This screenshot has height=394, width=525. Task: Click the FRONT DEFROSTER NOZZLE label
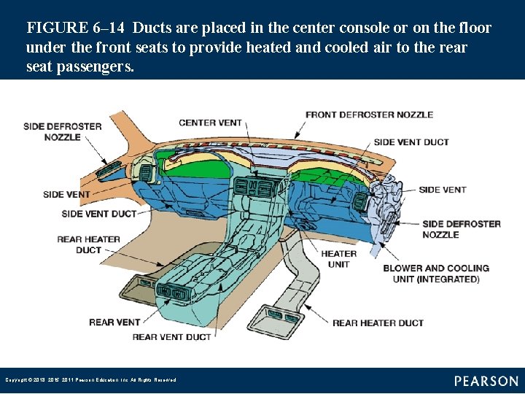tap(369, 115)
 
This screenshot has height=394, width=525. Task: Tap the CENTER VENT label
tap(210, 123)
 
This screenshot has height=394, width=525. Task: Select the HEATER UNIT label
tap(339, 259)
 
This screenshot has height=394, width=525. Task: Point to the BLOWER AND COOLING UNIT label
tap(436, 274)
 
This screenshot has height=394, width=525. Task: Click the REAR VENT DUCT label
tap(171, 337)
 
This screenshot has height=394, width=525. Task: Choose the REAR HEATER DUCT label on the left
tap(88, 244)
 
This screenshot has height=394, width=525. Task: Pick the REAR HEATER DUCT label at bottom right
tap(378, 322)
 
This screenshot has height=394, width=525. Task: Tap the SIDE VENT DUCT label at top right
tap(411, 142)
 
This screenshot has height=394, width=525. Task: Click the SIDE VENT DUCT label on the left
tap(99, 214)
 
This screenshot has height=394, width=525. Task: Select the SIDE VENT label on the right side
tap(442, 190)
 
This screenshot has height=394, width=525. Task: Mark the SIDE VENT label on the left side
tap(66, 195)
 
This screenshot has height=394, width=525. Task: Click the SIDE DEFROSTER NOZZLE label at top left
tap(62, 131)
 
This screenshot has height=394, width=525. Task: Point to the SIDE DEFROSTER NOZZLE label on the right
tap(461, 229)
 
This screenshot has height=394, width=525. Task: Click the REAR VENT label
tap(114, 322)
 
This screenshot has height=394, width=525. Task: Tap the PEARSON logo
tap(486, 381)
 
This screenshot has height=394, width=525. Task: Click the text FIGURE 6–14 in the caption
tap(76, 28)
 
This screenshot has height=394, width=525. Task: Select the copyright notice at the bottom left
tap(90, 380)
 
